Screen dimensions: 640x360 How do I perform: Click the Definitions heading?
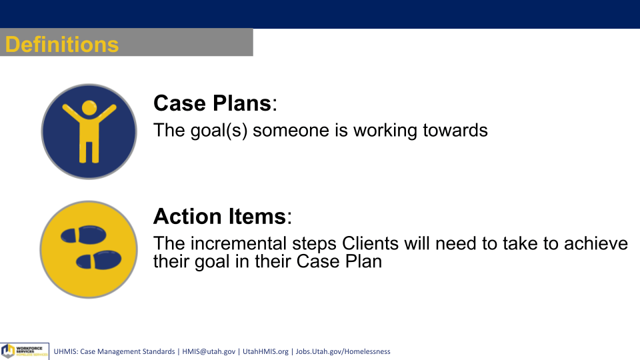(x=61, y=44)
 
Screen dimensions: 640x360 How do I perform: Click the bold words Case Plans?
(x=212, y=103)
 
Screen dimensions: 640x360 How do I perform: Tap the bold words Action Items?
(x=219, y=216)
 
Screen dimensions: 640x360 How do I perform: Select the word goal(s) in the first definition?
(x=219, y=131)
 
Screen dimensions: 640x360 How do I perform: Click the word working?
(x=385, y=131)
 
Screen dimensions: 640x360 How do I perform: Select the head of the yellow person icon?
(x=89, y=108)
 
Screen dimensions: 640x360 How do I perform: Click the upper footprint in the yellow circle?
(x=83, y=235)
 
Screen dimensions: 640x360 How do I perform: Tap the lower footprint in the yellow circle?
(x=99, y=260)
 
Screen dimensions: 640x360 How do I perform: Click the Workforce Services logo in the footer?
(x=25, y=351)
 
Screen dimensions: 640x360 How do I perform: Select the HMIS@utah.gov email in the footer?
(x=209, y=351)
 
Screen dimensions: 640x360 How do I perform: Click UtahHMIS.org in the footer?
(x=265, y=351)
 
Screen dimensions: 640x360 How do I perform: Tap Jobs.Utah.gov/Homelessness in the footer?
(x=343, y=351)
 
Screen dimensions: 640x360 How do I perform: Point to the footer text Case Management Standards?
(x=127, y=351)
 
